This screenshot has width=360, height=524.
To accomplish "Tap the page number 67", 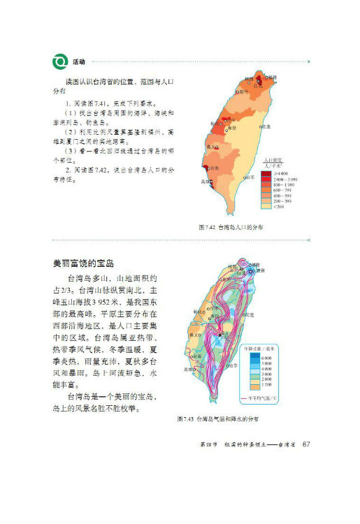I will coord(305,446).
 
